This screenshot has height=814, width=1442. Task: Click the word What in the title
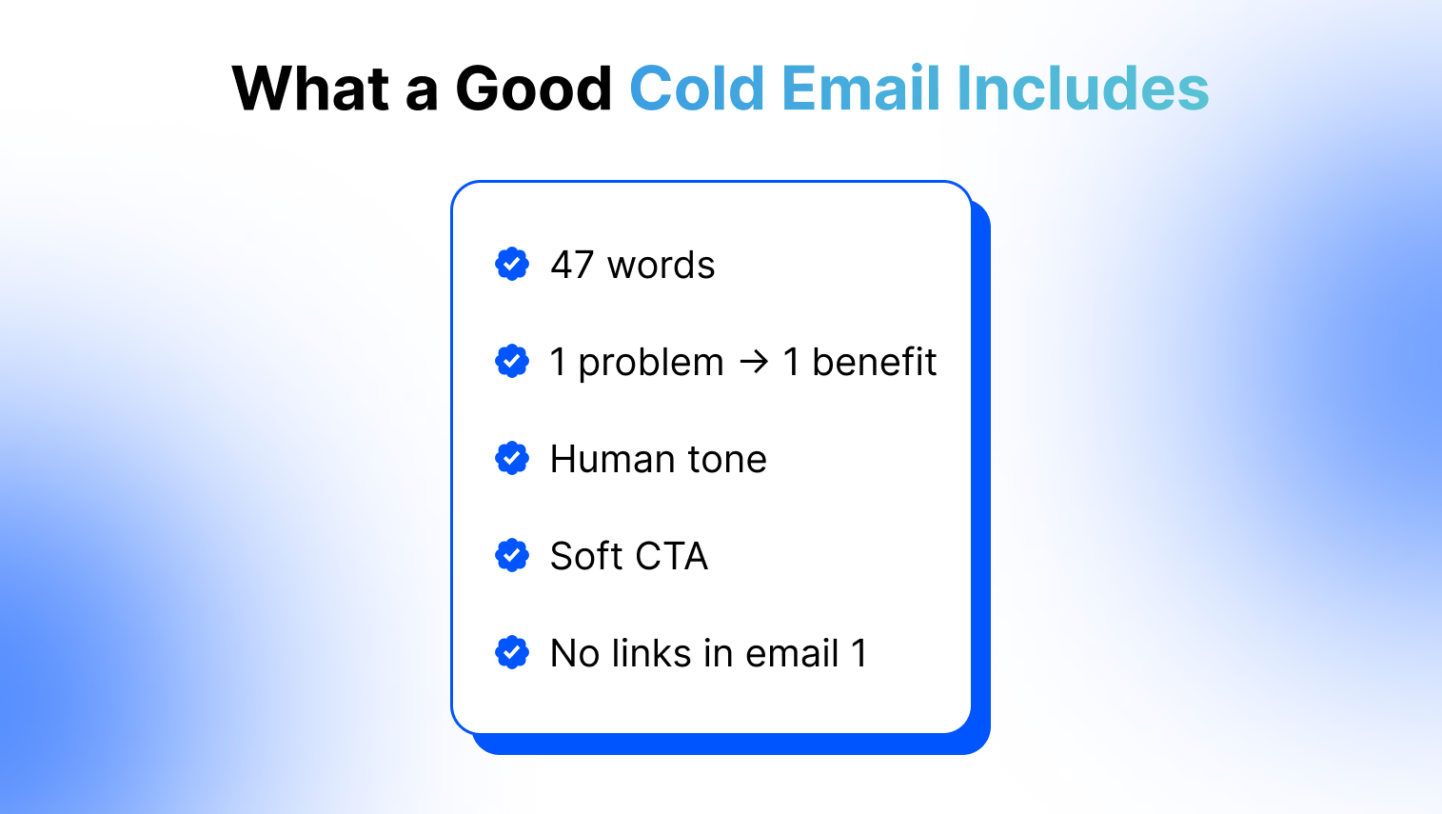[310, 88]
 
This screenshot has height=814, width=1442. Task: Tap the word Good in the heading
[534, 88]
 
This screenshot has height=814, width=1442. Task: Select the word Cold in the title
[697, 88]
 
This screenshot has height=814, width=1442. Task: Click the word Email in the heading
[860, 88]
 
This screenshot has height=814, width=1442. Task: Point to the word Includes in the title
[1083, 88]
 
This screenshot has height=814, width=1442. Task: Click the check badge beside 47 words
[512, 264]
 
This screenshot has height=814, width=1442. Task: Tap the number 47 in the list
[572, 265]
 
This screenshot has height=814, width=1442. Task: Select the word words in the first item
[662, 265]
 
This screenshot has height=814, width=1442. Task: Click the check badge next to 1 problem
[512, 361]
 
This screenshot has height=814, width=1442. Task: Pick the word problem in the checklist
[651, 363]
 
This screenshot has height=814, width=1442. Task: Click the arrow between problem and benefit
[754, 362]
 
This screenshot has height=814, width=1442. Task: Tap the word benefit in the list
[874, 361]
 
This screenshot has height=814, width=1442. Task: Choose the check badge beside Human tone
[512, 459]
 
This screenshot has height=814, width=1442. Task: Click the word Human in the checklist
[612, 459]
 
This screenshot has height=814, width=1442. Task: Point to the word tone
[727, 460]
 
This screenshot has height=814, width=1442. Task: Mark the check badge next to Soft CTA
[512, 555]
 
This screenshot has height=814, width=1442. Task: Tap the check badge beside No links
[512, 652]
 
